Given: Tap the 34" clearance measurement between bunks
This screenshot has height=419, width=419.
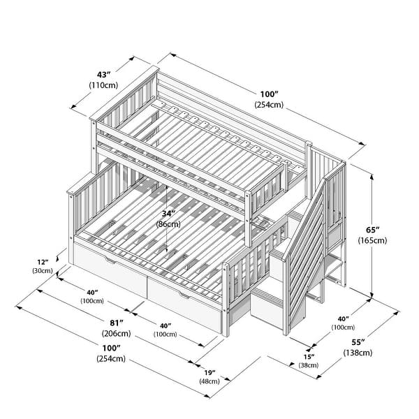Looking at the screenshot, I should [x=167, y=214].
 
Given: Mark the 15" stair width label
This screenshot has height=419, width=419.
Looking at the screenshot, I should [x=307, y=357].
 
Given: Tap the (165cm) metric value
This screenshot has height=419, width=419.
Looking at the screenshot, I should [x=374, y=240].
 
